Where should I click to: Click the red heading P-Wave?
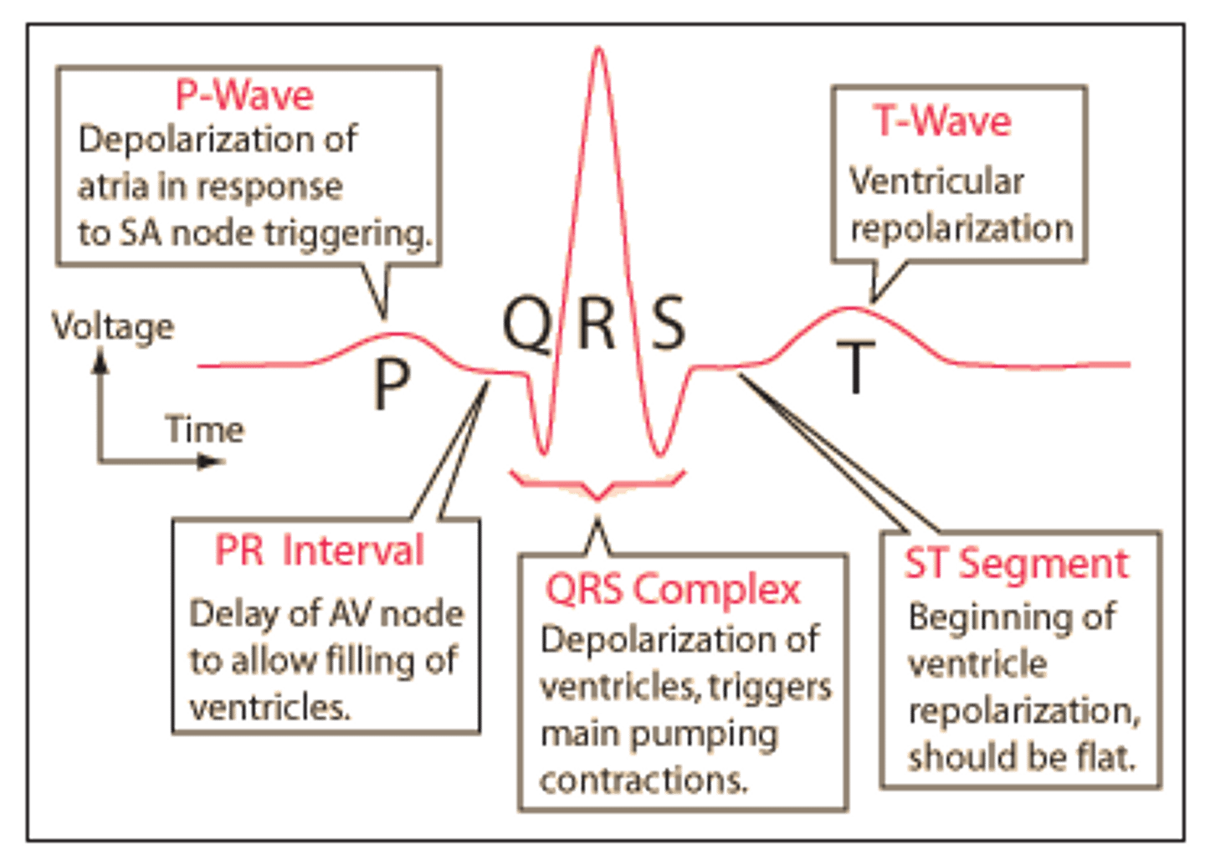[x=244, y=95]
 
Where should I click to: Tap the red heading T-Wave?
[x=941, y=121]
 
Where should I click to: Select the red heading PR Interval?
[x=320, y=550]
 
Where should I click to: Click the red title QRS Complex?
[x=673, y=591]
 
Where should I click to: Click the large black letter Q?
[x=528, y=324]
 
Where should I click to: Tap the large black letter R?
[x=596, y=323]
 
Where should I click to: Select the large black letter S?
[x=669, y=322]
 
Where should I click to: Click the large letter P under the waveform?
[x=392, y=384]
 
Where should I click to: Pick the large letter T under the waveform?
[x=855, y=367]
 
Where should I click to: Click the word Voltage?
[x=113, y=327]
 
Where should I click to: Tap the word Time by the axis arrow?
[x=206, y=429]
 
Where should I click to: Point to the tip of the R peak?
[x=599, y=49]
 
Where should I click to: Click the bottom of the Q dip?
[x=544, y=453]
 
